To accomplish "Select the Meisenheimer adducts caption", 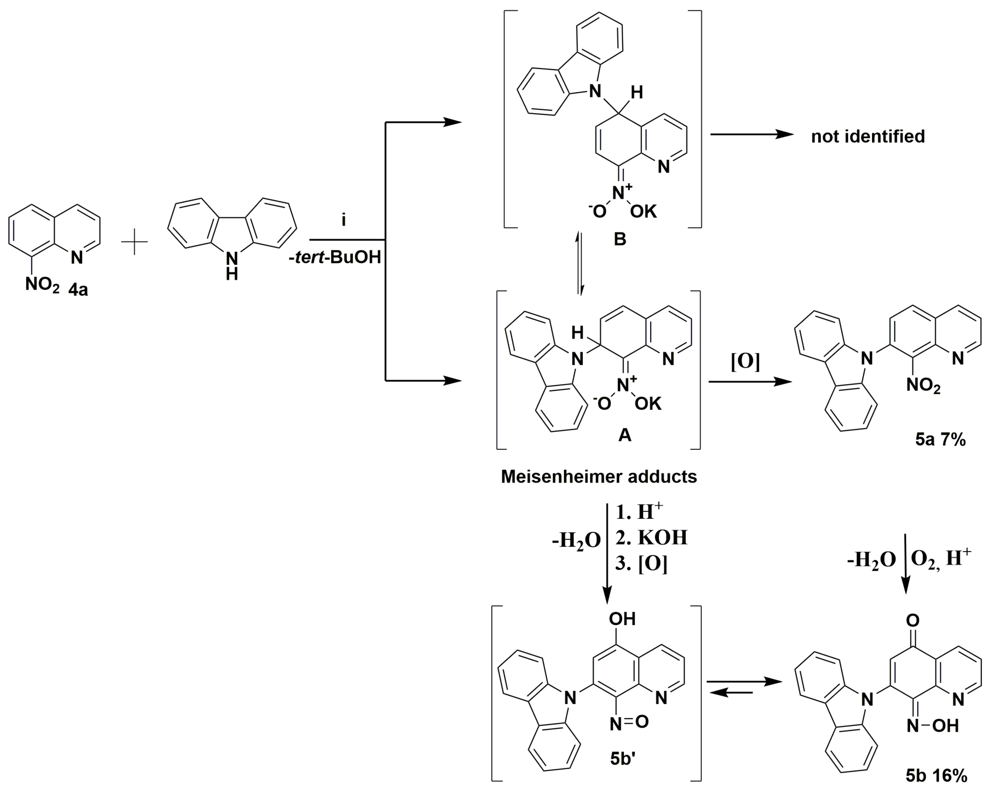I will click(x=599, y=477).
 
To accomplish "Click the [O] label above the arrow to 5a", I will click(x=745, y=362).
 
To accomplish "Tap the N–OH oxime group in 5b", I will click(x=933, y=726).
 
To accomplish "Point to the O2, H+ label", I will click(x=941, y=559).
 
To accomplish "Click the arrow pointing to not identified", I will click(x=752, y=134).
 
